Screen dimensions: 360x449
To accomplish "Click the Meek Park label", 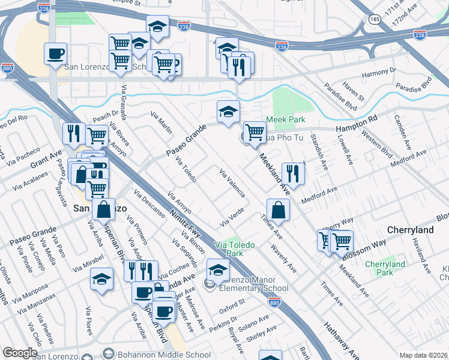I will tap(286, 119).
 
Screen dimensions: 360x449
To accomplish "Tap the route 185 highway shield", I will tap(376, 20).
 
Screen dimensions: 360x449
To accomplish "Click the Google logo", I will tap(20, 353).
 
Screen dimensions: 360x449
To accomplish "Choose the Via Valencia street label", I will tap(232, 184).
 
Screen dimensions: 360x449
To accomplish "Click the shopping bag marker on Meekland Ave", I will tap(279, 211).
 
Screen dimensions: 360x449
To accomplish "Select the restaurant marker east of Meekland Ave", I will tap(292, 173).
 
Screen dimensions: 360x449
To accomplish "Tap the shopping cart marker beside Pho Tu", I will tap(255, 131).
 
